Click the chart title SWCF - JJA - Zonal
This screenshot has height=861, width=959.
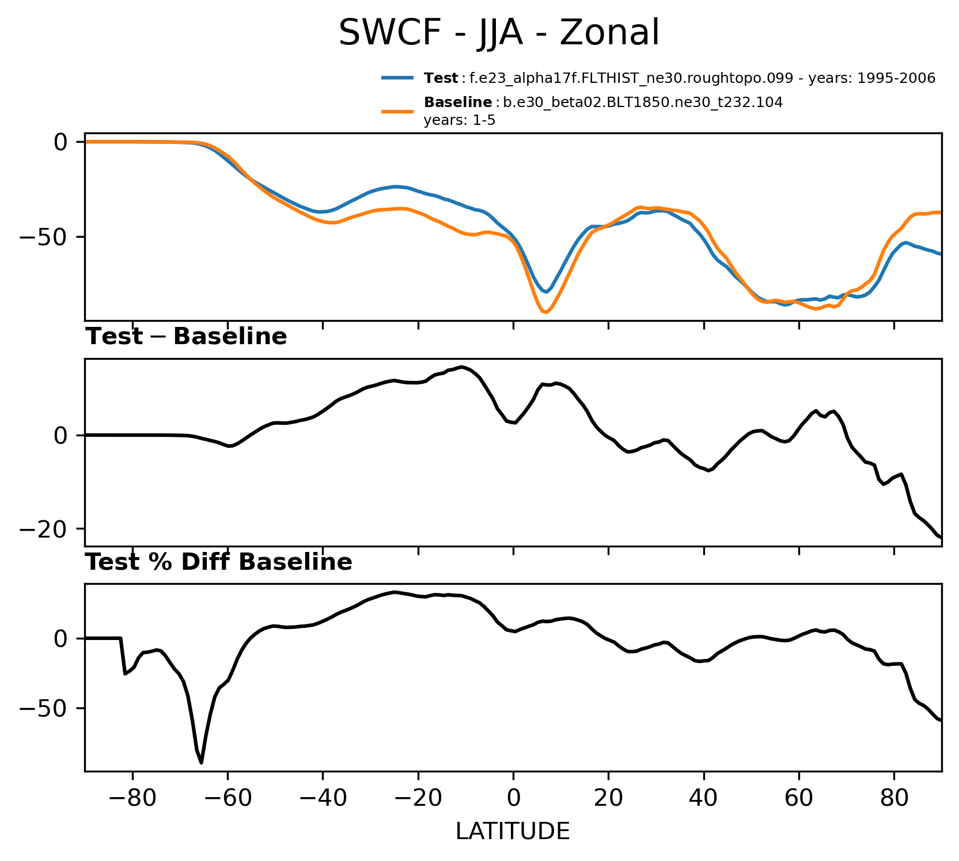pos(498,33)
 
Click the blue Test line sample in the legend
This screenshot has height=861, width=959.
pos(397,78)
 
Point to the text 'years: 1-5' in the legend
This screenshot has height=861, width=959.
pos(460,120)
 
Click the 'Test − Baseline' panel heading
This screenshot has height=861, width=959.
pos(186,337)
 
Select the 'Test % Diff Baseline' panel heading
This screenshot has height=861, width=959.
pos(219,563)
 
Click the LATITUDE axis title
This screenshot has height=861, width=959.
pos(513,832)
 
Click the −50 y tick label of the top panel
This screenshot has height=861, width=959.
pos(44,237)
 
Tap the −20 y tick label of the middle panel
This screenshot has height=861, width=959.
pos(44,529)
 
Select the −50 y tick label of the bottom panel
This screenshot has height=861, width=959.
pos(44,708)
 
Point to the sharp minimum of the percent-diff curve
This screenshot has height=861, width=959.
pos(201,763)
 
